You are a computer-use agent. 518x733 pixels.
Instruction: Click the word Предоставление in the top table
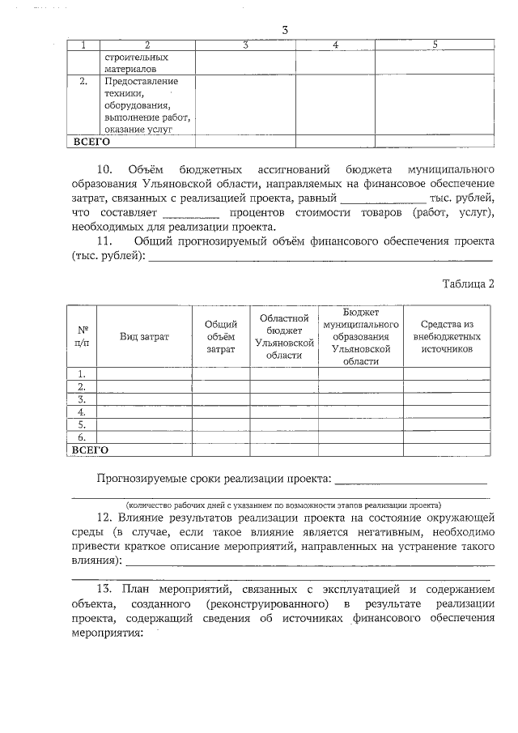point(141,82)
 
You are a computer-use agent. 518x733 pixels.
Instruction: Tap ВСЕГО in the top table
point(91,141)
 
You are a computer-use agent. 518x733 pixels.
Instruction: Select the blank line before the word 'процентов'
point(191,214)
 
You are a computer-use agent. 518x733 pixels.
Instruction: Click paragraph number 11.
point(104,241)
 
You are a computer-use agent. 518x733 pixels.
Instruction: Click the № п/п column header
point(83,336)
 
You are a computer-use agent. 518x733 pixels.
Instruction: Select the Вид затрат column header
point(144,336)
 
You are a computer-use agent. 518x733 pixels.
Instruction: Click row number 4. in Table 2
point(82,411)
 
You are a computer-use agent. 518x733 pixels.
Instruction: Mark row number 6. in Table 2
point(82,436)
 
